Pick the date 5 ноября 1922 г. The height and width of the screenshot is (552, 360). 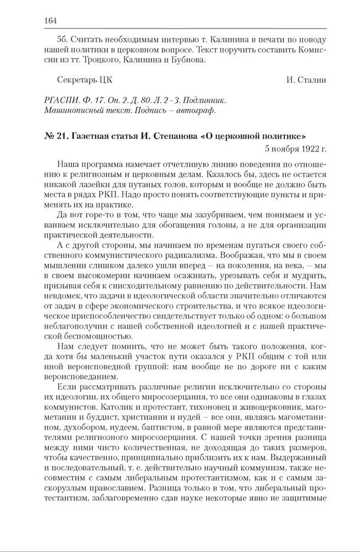[x=295, y=148]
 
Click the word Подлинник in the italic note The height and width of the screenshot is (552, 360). [x=203, y=101]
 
